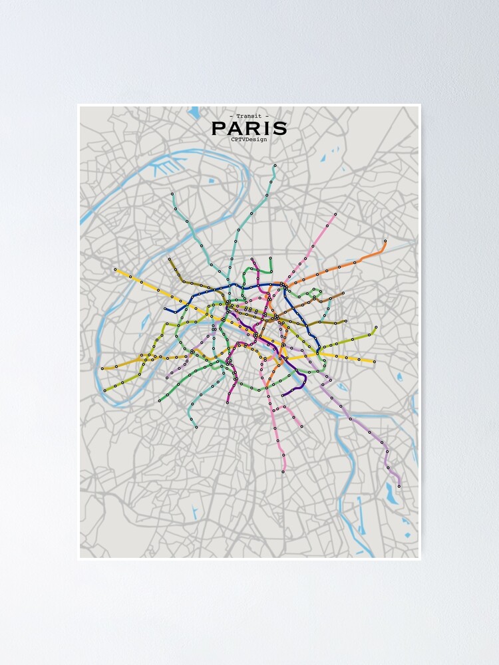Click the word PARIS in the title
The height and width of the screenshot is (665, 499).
pos(249,128)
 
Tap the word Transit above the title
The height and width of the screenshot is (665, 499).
pos(249,116)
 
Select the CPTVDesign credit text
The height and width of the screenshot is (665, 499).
pos(249,139)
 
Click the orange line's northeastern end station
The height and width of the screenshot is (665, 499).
pos(385,241)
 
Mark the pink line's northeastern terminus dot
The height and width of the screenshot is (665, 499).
pos(335,214)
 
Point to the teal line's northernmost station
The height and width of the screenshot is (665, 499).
pos(275,165)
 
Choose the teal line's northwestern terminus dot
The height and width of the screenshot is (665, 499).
pos(172,194)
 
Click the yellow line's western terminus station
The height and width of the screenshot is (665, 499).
pos(115,269)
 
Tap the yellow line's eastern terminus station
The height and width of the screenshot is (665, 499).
pos(375,362)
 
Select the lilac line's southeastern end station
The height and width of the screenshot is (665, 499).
pos(399,486)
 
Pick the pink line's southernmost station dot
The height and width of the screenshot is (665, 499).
pos(283,471)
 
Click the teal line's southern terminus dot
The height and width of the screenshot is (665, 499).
pos(196,427)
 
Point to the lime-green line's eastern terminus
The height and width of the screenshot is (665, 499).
pos(376,327)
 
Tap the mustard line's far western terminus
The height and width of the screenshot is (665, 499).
pos(102,368)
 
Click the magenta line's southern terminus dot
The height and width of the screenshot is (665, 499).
pos(228,402)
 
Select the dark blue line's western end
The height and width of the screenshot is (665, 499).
pos(166,310)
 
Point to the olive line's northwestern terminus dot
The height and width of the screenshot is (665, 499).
pos(169,259)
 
